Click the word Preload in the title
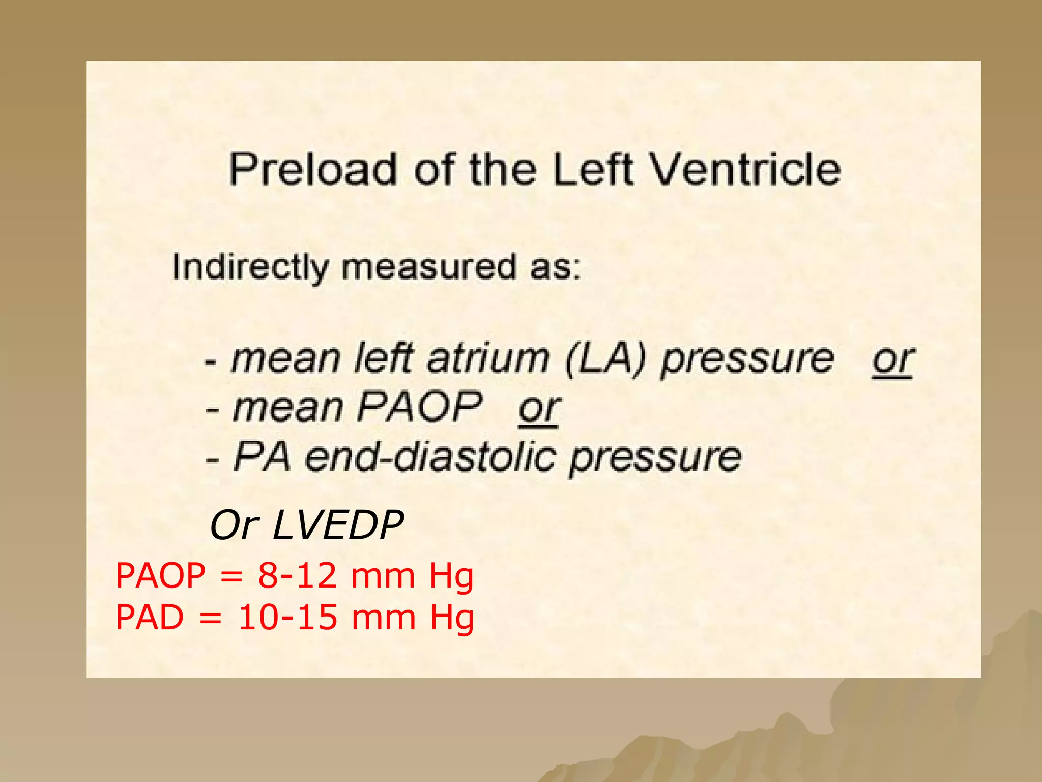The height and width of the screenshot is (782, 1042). (312, 170)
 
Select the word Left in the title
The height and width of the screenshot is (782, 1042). (593, 170)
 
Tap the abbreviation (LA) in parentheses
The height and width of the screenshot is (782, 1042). (605, 359)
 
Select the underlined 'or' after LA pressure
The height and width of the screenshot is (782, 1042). (893, 359)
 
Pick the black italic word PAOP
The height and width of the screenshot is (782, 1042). (420, 407)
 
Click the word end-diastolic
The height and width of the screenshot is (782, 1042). (430, 457)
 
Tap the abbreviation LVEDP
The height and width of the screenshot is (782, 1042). (338, 525)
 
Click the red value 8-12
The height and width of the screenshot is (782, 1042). (297, 576)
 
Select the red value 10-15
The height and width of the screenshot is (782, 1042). (287, 618)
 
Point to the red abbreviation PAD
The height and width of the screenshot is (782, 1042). (150, 618)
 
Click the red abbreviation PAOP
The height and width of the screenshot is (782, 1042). (161, 576)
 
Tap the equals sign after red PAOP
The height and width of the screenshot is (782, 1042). (231, 577)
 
